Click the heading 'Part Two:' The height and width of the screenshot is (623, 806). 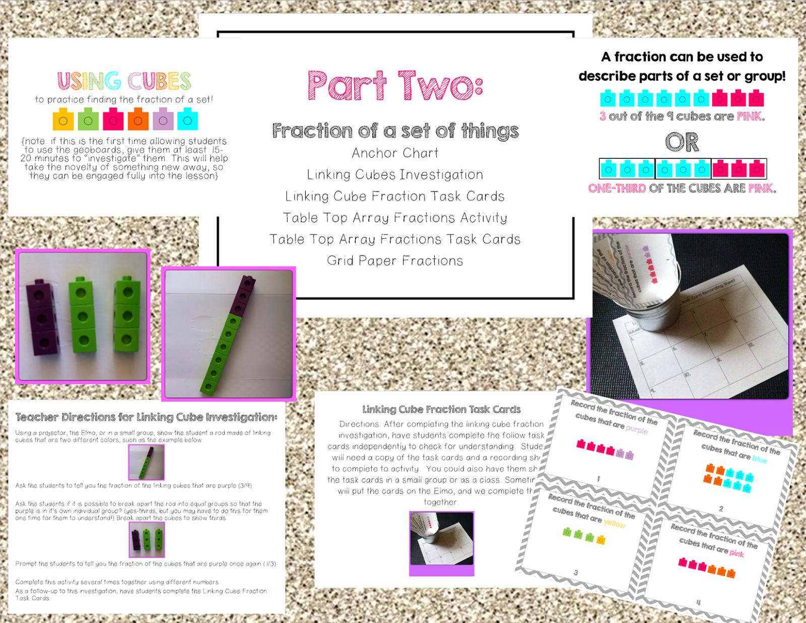tap(395, 86)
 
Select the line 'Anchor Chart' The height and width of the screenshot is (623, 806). tap(395, 153)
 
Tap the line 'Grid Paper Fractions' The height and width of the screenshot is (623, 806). tap(395, 261)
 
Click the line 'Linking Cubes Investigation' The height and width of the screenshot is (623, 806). tap(395, 174)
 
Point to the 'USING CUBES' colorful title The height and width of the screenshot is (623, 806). tap(124, 81)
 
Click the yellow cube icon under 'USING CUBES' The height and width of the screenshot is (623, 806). tap(63, 120)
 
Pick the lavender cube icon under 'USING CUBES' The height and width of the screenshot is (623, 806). tap(163, 120)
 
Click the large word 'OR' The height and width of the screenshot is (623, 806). tap(682, 142)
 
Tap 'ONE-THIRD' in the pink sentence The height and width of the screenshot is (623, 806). tap(617, 189)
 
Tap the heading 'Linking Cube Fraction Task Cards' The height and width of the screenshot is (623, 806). tap(441, 409)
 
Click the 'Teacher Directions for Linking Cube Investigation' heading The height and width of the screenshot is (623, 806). tap(146, 417)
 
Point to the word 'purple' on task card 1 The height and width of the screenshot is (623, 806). tap(637, 429)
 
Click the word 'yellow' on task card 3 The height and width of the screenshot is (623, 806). tap(615, 523)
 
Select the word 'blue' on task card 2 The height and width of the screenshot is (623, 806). tap(759, 459)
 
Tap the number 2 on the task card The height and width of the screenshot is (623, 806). tap(721, 509)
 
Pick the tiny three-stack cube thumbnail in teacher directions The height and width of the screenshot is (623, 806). tap(147, 539)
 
